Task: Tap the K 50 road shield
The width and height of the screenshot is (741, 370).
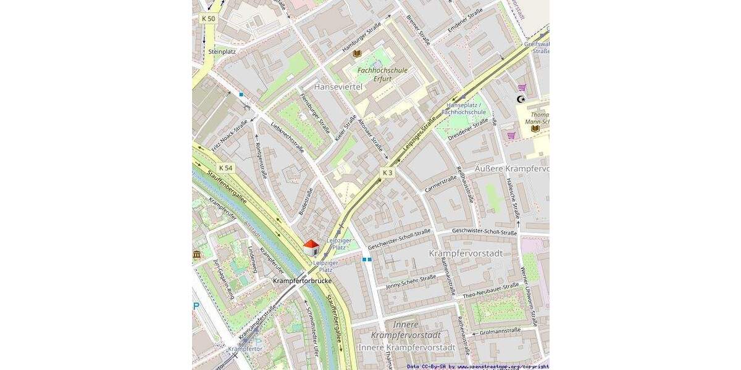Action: click(209, 18)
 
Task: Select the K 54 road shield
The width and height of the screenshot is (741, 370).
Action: click(226, 168)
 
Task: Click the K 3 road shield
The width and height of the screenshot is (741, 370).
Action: click(387, 173)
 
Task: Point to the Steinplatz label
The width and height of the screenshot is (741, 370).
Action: click(222, 51)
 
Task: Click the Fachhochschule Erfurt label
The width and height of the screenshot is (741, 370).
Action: click(383, 74)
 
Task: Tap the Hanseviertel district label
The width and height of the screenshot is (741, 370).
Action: click(338, 87)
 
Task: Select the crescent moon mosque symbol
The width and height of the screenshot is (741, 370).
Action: click(521, 99)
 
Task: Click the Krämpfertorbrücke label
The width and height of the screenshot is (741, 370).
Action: click(302, 281)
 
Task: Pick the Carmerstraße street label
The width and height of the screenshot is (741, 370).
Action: click(440, 183)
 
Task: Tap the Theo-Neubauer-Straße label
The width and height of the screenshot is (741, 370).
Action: click(490, 290)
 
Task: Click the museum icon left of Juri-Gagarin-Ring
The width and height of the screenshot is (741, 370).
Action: click(197, 254)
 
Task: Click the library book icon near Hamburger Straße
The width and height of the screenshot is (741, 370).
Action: click(357, 54)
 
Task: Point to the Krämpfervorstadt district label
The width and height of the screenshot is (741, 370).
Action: click(466, 253)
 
